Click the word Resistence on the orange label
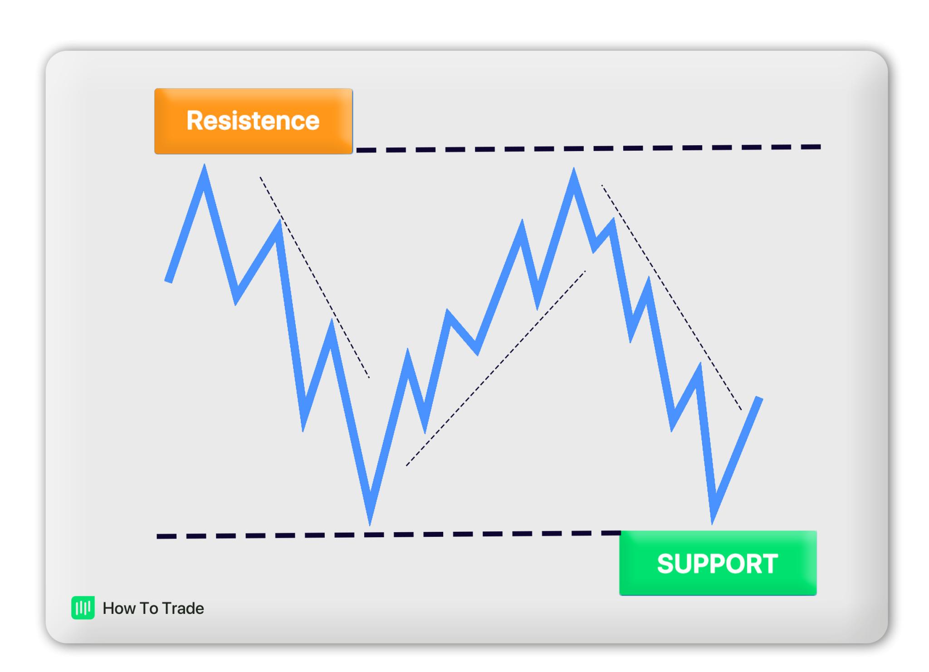pos(253,121)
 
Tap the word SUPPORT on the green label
pos(717,564)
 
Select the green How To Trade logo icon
pos(83,608)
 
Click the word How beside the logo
pos(119,608)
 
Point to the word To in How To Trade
pos(149,608)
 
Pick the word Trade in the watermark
pos(183,608)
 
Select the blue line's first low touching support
pos(370,520)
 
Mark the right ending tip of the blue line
pos(759,399)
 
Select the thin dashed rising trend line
pos(495,368)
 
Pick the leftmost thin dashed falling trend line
pos(314,277)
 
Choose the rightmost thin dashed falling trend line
pos(671,297)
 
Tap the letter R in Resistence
pos(196,121)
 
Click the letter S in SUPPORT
pos(666,564)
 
